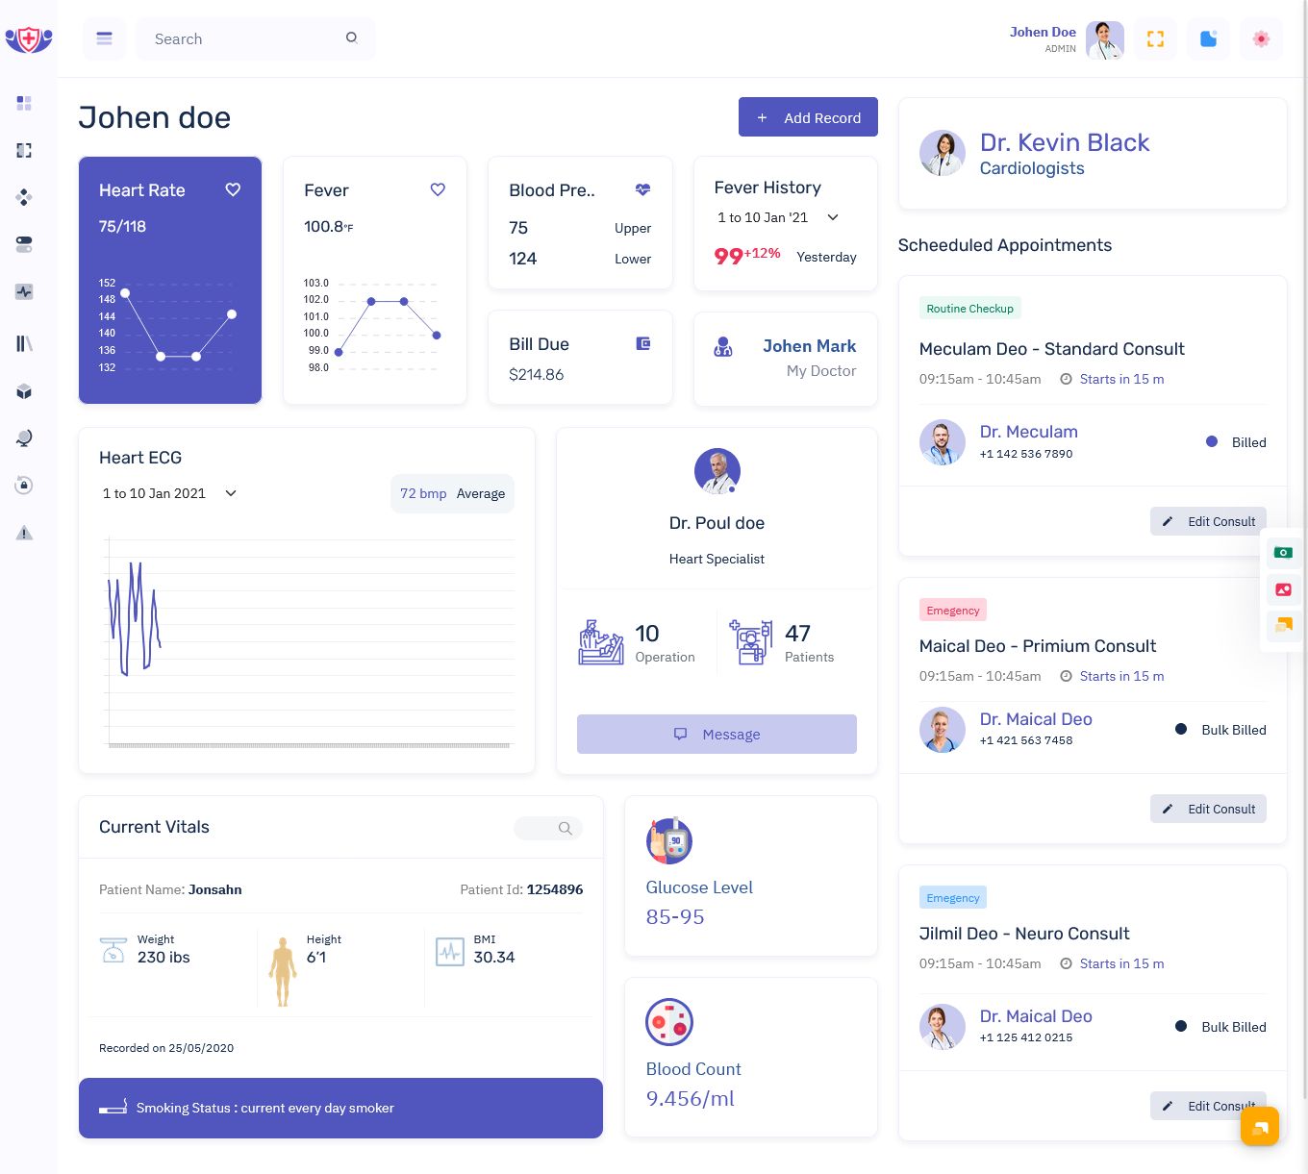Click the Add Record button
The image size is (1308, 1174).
click(x=808, y=117)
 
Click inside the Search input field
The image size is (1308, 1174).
click(x=245, y=39)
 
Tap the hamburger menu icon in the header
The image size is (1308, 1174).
click(x=105, y=39)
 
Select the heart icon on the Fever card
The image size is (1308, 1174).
click(x=438, y=189)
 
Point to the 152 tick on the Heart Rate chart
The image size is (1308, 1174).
click(x=107, y=283)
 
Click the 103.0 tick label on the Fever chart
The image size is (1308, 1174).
click(x=316, y=283)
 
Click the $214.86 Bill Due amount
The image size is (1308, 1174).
click(x=537, y=375)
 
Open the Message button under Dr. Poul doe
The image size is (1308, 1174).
click(x=717, y=735)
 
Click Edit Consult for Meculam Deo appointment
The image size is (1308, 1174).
click(x=1208, y=521)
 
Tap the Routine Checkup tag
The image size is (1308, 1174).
click(x=969, y=309)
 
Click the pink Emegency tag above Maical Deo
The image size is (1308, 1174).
click(x=953, y=611)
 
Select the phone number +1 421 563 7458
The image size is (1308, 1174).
click(x=1026, y=740)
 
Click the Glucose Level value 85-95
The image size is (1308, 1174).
click(x=675, y=917)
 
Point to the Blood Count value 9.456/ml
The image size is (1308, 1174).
click(x=691, y=1099)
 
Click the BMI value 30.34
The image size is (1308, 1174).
click(x=494, y=958)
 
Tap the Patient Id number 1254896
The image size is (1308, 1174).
click(x=555, y=889)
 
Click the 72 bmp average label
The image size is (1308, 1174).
click(x=423, y=493)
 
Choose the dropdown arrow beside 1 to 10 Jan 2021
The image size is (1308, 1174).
click(x=231, y=493)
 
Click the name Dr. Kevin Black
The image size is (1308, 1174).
click(x=1065, y=142)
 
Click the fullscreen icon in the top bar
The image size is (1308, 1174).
click(x=1156, y=39)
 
